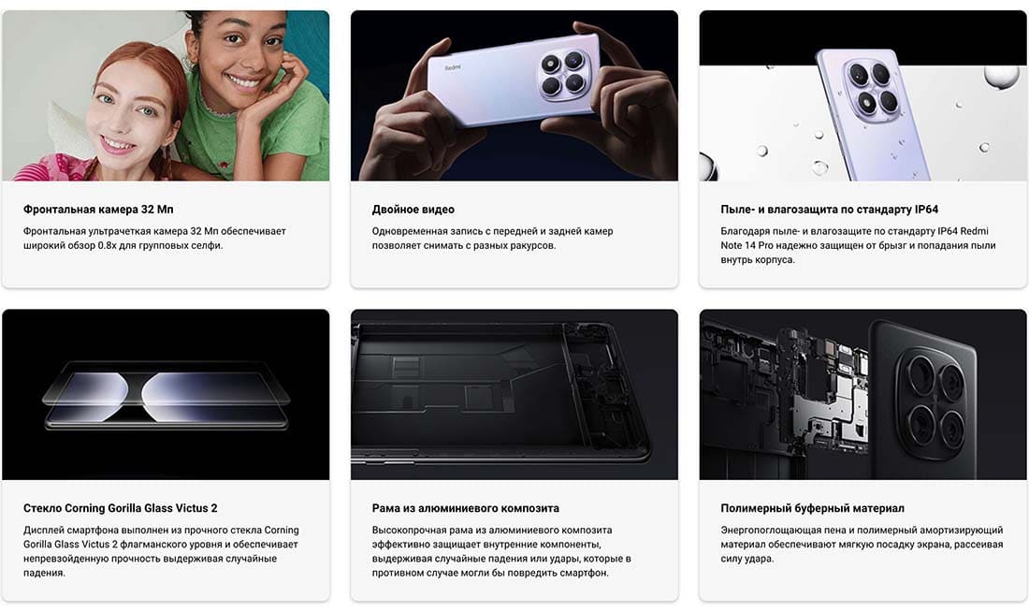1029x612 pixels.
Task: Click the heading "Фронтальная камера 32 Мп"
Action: [98, 210]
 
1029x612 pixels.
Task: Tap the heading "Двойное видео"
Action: [413, 210]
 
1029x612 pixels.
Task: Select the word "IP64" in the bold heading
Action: [926, 210]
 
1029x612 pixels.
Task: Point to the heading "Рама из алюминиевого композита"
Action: [465, 508]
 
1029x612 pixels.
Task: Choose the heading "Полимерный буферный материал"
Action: [812, 508]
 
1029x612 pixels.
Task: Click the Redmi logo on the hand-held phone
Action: [453, 67]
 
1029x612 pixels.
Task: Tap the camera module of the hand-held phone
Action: [562, 74]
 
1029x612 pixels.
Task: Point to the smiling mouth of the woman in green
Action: [244, 82]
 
